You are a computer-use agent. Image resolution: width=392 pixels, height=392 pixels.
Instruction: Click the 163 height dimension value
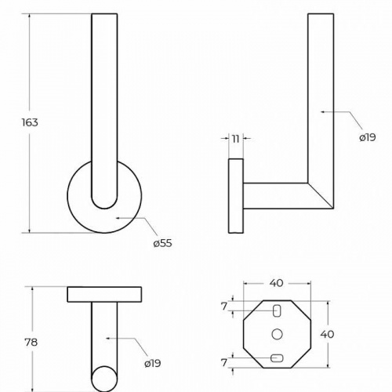coord(30,122)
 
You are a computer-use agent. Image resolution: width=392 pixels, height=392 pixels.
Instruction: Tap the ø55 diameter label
coord(162,243)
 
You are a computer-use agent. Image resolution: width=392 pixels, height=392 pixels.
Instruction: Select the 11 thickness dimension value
coord(236,139)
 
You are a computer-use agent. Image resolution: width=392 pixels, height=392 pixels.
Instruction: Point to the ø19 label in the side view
coord(368,137)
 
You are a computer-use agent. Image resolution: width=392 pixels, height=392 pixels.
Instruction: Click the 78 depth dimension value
coord(31,342)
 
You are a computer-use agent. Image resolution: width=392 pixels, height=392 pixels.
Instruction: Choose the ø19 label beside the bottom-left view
coord(153,363)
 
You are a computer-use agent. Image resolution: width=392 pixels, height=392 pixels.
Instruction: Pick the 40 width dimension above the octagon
coord(277,283)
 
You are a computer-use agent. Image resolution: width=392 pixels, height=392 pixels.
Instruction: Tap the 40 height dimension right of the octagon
coord(327,334)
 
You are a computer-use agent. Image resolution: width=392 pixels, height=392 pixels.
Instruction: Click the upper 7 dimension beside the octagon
coord(224,307)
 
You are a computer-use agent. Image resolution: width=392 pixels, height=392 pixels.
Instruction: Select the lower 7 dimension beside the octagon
coord(224,362)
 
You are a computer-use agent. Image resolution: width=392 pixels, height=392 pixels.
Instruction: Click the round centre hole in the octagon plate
coord(277,334)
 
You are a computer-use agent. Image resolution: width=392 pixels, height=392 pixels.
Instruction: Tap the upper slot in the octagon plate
coord(277,311)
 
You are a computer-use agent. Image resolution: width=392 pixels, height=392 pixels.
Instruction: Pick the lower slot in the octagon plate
coord(277,358)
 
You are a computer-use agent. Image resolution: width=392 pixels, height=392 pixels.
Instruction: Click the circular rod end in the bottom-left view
coord(104,379)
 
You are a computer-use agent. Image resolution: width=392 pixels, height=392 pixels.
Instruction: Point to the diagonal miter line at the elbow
coord(321,196)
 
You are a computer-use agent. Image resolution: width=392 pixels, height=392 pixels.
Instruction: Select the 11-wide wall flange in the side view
coord(236,196)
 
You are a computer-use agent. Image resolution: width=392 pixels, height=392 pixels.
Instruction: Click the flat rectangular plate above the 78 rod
coord(104,295)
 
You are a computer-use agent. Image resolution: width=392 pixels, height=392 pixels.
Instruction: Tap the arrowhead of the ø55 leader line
coord(118,217)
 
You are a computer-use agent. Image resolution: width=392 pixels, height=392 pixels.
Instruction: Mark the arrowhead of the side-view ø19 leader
coord(323,112)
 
